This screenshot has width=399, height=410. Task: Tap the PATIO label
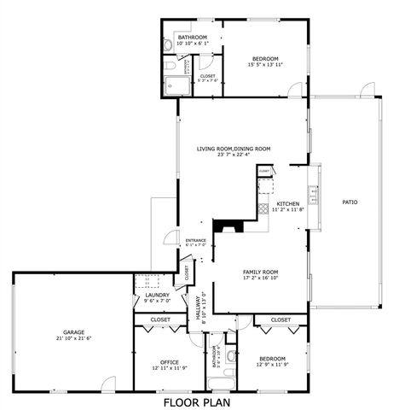350,202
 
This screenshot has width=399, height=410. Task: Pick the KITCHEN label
287,203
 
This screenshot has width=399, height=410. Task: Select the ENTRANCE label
196,240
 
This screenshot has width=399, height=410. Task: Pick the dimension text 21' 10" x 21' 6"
72,339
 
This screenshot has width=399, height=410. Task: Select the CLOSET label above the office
160,320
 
